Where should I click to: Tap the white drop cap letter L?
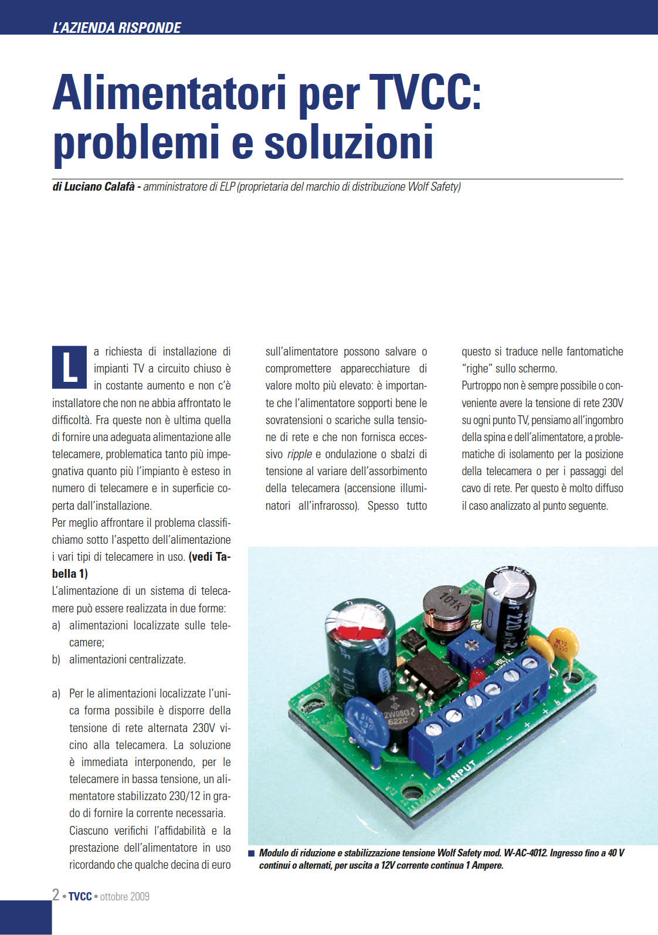click(x=69, y=367)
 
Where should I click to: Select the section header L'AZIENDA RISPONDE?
click(x=117, y=28)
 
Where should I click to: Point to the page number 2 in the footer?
click(x=56, y=895)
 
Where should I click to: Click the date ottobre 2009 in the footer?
click(x=124, y=896)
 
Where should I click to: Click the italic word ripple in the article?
click(x=299, y=454)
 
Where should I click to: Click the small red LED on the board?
click(x=476, y=676)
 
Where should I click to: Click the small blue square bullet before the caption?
click(x=252, y=853)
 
